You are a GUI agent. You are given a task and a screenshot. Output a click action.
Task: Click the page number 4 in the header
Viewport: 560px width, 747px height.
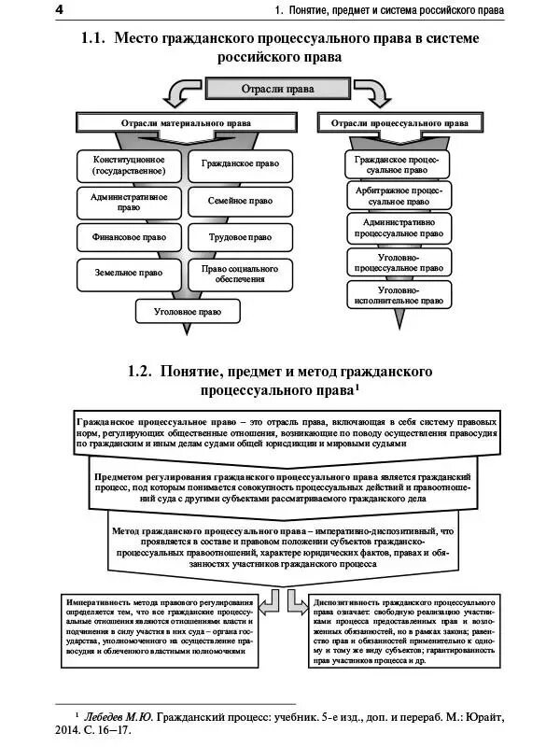(x=7, y=9)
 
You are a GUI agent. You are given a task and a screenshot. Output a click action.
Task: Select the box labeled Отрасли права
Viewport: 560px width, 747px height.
(x=271, y=89)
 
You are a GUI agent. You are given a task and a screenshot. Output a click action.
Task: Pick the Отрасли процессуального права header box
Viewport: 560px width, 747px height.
(x=399, y=122)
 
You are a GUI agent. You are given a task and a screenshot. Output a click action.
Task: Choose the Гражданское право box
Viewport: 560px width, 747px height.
(x=240, y=163)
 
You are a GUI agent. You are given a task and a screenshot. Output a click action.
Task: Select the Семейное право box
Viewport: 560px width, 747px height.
(x=240, y=201)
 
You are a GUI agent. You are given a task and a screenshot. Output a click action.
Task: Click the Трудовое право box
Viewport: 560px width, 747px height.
(x=240, y=237)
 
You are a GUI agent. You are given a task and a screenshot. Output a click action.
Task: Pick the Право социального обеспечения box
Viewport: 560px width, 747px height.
(x=240, y=273)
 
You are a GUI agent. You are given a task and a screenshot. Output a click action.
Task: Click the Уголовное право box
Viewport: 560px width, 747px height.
(x=184, y=311)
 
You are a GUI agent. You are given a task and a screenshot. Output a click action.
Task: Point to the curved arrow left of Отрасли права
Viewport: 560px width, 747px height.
(x=180, y=93)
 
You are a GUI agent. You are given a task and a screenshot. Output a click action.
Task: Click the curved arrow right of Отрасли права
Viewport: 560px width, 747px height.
(x=371, y=93)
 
